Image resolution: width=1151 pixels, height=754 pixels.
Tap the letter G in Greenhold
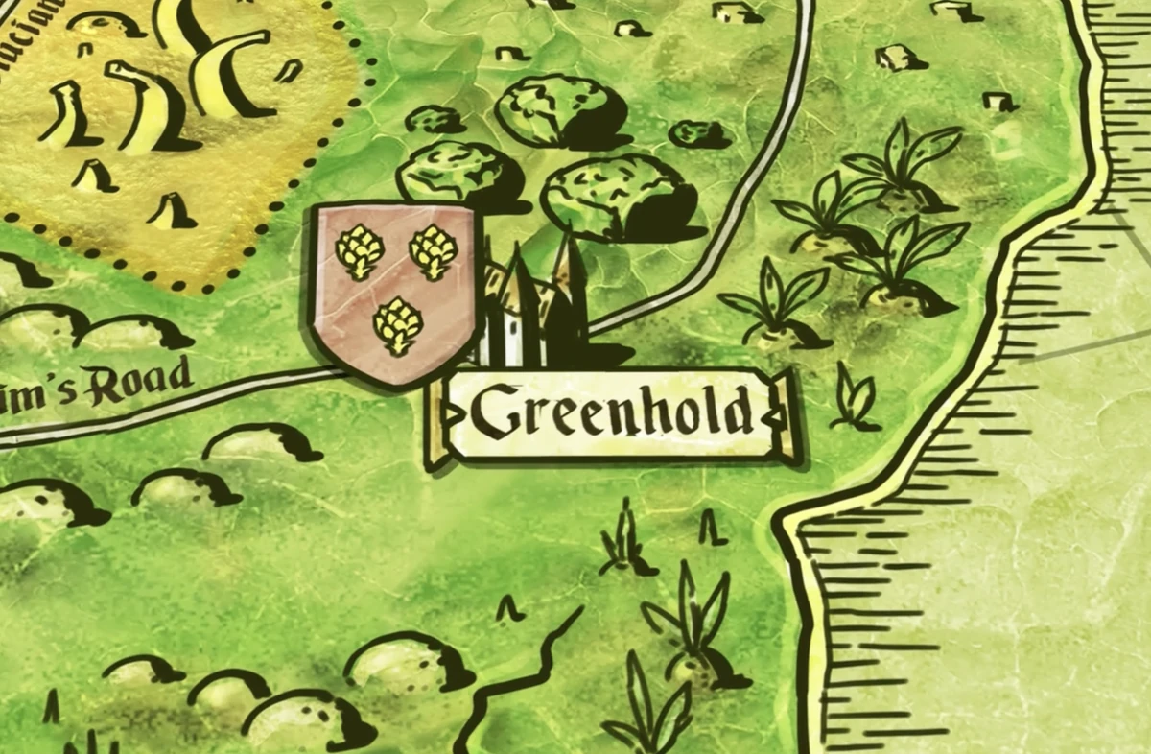(491, 412)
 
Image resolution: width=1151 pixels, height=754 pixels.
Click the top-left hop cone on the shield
(360, 251)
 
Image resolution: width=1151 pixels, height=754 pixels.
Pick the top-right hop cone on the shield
(434, 251)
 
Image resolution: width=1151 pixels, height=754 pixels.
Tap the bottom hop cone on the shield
(397, 325)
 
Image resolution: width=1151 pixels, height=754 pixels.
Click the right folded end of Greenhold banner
(785, 415)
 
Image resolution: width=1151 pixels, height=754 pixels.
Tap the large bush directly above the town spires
(619, 197)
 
